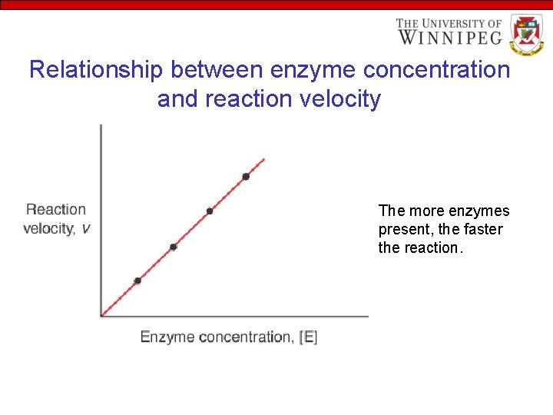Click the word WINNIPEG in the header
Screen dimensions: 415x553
point(449,37)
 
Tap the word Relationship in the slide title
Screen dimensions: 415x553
point(95,70)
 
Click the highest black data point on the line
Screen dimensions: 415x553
point(246,177)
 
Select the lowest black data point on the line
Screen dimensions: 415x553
point(137,281)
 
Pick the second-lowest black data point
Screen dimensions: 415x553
point(173,247)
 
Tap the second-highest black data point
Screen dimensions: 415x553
point(210,211)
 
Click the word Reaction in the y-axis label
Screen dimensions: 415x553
point(56,209)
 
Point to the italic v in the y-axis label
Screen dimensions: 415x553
point(85,228)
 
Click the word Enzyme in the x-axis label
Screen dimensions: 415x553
point(167,337)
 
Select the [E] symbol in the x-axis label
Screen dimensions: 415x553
point(308,337)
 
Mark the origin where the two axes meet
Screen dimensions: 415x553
point(101,315)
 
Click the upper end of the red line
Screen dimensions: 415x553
point(264,159)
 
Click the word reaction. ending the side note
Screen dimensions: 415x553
point(434,247)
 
